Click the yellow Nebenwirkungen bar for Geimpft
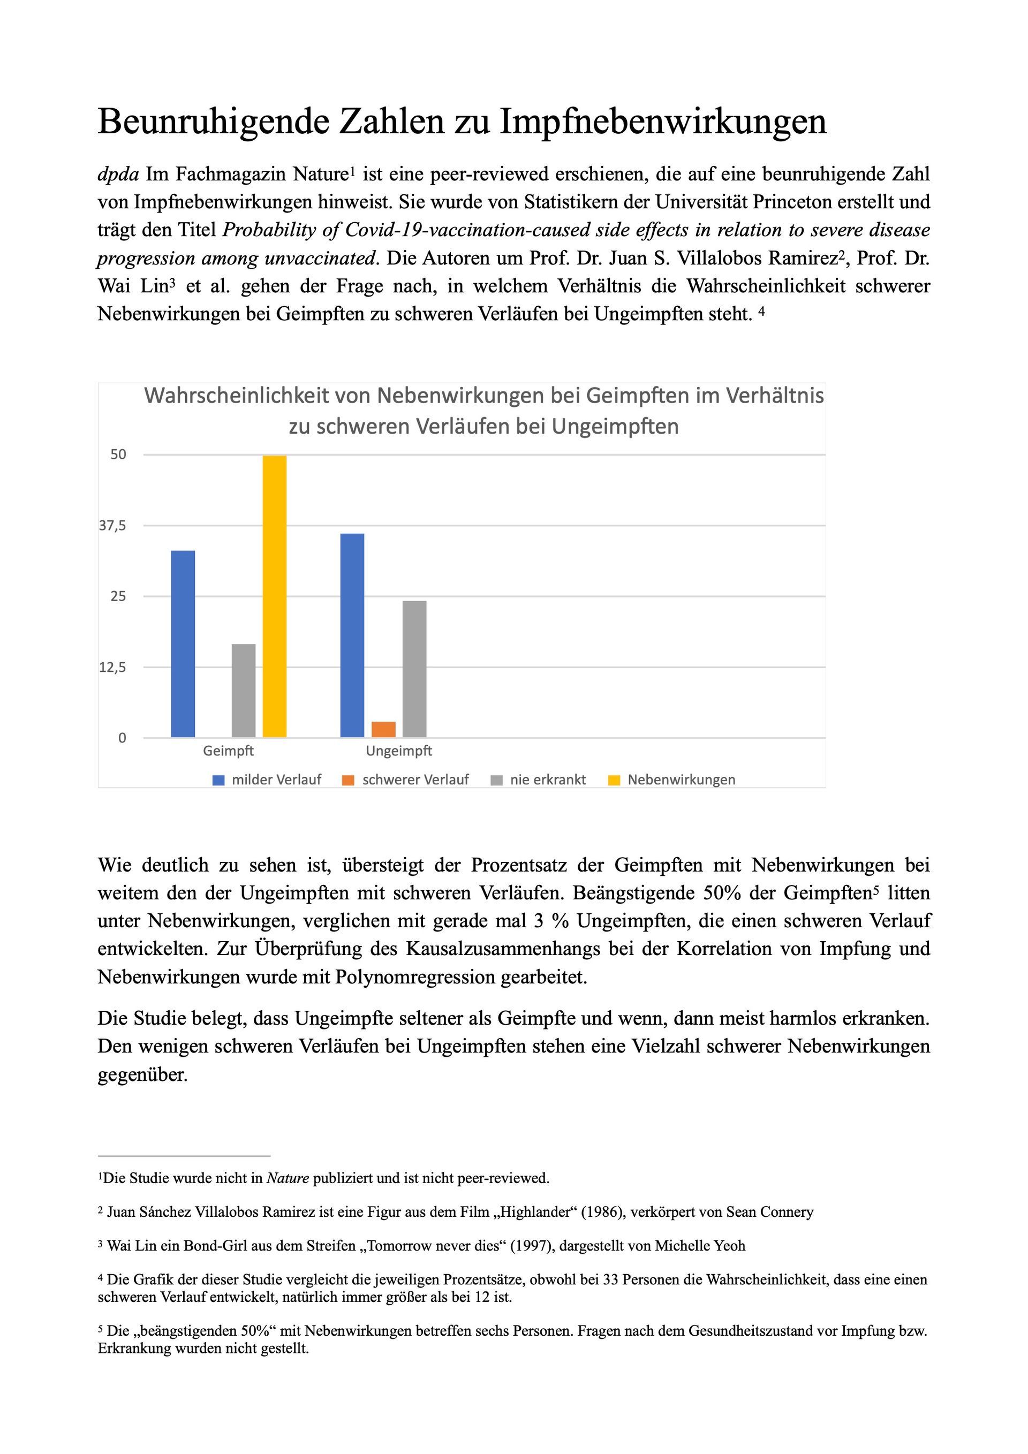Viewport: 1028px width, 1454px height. click(274, 596)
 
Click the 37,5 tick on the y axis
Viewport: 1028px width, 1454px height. click(113, 525)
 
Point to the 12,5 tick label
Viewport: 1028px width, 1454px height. click(113, 667)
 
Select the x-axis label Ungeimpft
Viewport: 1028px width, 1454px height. click(399, 751)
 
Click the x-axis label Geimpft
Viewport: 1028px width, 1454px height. click(228, 751)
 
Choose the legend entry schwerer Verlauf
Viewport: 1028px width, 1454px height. click(415, 779)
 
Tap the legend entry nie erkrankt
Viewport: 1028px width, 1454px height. click(547, 779)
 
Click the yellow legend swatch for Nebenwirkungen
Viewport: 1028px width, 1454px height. click(614, 780)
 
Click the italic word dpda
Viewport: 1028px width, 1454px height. click(118, 174)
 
